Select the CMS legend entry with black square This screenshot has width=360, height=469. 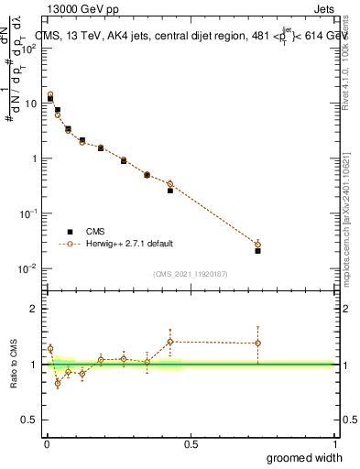[94, 232]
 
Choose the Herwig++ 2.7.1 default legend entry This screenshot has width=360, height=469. [128, 244]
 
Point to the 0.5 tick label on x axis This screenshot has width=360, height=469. [190, 443]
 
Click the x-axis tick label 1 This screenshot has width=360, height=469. [334, 443]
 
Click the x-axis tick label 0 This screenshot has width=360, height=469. [45, 443]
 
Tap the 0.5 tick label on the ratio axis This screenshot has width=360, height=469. [29, 420]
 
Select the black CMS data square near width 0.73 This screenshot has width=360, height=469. [257, 250]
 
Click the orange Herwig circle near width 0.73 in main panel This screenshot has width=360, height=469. [257, 245]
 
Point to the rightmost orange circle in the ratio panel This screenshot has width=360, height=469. [257, 344]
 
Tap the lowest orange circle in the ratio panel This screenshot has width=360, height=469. [58, 383]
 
